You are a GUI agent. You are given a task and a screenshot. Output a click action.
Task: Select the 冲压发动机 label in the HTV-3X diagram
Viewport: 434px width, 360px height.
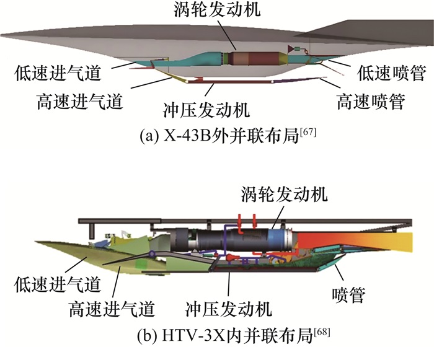tap(229, 307)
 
